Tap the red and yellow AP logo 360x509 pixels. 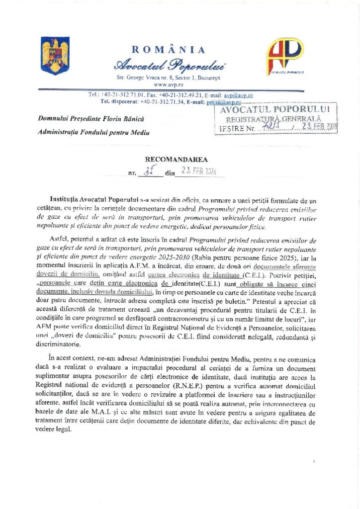[x=285, y=56]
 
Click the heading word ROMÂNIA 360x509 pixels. [x=168, y=49]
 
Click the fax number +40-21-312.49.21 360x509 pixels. [x=180, y=94]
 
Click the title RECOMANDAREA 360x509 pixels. [x=169, y=160]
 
